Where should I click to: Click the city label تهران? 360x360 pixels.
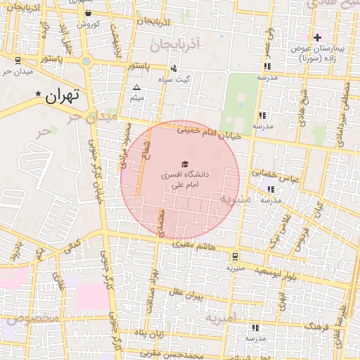coord(63,96)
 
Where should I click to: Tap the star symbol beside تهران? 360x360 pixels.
coord(38,93)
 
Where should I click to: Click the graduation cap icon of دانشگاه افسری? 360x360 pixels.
coord(184,163)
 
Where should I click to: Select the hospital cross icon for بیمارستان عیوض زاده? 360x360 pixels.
coord(317,37)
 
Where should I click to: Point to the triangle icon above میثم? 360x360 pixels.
coord(137,89)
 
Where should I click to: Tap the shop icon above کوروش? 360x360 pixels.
coord(87,13)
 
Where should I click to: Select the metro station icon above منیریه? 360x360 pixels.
coord(235,257)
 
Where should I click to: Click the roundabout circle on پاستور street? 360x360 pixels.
coord(86,61)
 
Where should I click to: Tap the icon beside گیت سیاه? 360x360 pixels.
coord(173,68)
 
